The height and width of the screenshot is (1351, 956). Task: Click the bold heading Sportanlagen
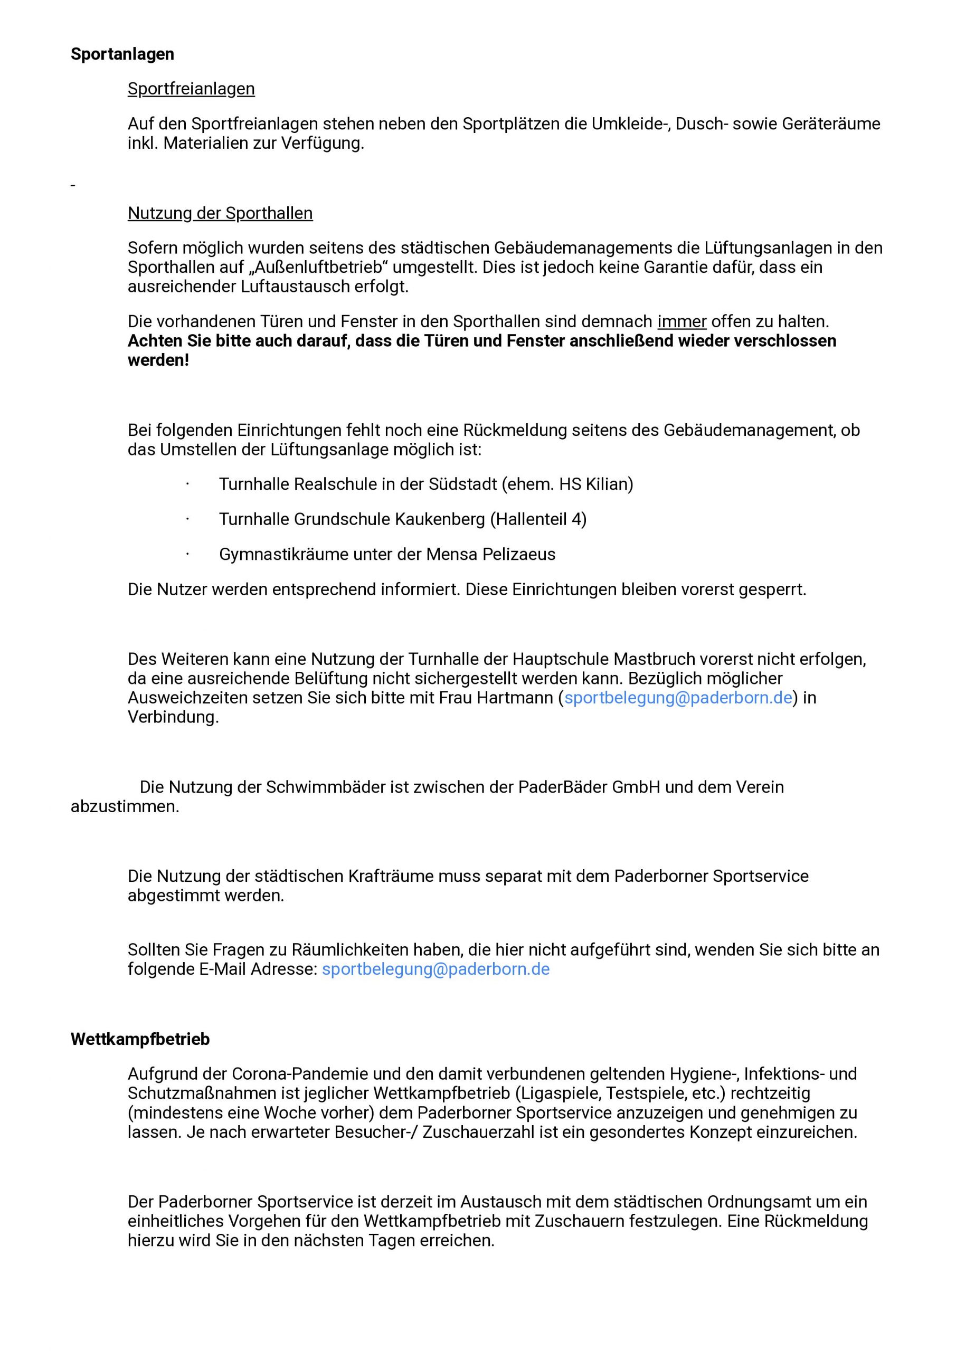[x=122, y=54]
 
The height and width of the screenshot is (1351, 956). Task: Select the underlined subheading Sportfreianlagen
[x=191, y=89]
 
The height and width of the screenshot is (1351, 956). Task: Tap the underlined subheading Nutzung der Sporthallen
[x=220, y=213]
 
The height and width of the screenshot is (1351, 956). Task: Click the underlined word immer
[x=681, y=322]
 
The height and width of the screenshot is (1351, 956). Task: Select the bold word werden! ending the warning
[x=158, y=360]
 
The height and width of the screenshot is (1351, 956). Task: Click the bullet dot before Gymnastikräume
[x=187, y=554]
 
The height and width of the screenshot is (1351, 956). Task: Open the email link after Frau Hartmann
[x=678, y=698]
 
